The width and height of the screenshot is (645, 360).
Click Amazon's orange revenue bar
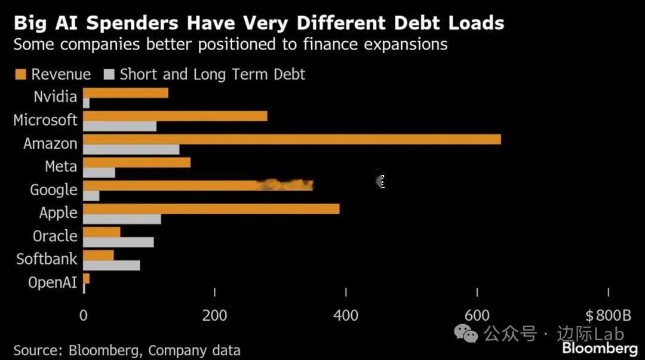(x=291, y=139)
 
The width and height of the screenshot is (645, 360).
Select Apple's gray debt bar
(x=122, y=219)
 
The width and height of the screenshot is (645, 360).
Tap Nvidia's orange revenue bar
(x=125, y=93)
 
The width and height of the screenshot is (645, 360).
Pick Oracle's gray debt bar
(x=118, y=242)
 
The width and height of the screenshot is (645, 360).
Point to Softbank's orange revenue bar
(x=99, y=256)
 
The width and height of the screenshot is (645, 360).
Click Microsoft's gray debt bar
(x=119, y=126)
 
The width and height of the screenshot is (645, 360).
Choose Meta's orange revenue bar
(x=136, y=162)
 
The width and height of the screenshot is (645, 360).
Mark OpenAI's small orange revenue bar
(x=87, y=278)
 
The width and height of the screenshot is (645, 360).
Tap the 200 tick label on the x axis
(x=214, y=315)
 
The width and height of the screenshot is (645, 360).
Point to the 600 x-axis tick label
(x=477, y=315)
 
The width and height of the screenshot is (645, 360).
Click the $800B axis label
(x=608, y=315)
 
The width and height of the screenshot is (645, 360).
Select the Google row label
(x=54, y=190)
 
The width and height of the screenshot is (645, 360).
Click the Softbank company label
(x=47, y=259)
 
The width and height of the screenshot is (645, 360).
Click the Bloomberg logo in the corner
(x=600, y=349)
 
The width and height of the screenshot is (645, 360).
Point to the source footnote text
(x=127, y=350)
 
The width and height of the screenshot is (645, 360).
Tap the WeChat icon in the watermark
(x=466, y=333)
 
